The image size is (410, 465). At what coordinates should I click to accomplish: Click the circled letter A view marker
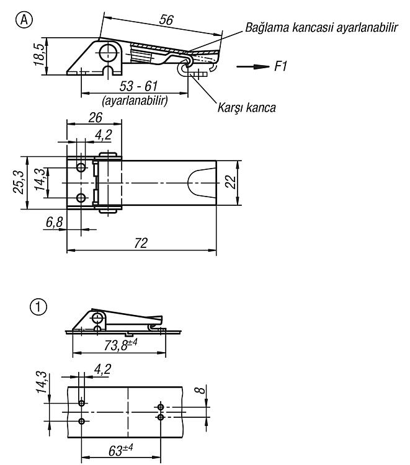click(x=24, y=20)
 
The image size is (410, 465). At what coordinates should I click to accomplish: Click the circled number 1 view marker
click(x=38, y=307)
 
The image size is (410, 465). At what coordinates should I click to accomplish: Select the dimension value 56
click(x=166, y=20)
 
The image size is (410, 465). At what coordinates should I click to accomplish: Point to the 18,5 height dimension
click(x=40, y=55)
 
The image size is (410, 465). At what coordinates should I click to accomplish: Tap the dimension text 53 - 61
click(x=138, y=86)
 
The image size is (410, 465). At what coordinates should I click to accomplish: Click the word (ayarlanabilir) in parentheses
click(x=135, y=100)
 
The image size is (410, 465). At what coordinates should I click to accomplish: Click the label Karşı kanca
click(x=246, y=107)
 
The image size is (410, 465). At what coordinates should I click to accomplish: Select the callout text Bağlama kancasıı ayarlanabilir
click(x=321, y=27)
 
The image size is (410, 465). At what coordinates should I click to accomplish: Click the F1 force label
click(x=280, y=66)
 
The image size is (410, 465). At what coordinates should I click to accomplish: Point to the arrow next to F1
click(x=253, y=66)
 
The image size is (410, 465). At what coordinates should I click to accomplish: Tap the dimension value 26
click(x=96, y=118)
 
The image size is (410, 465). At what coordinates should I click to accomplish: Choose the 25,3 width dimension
click(x=19, y=183)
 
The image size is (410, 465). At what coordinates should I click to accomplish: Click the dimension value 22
click(x=231, y=182)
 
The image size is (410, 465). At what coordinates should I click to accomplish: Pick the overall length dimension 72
click(x=141, y=243)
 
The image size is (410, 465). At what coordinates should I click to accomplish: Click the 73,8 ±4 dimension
click(x=120, y=345)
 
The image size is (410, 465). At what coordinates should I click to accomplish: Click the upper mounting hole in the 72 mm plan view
click(x=81, y=167)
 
